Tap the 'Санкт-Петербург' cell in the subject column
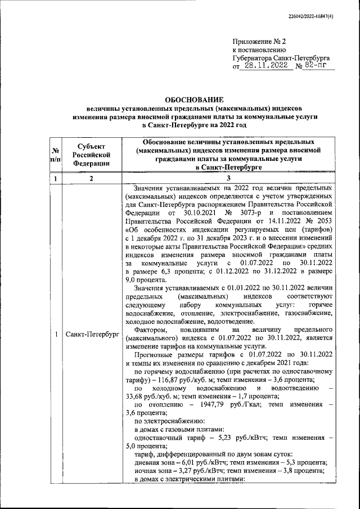pos(91,335)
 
